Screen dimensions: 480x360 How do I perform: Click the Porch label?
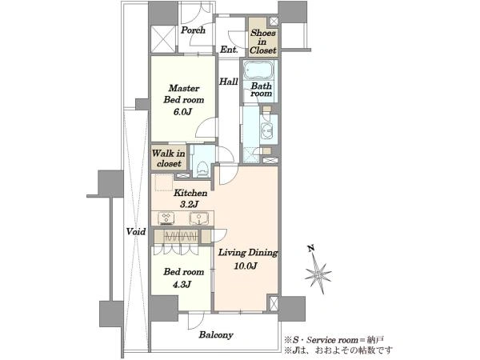193,30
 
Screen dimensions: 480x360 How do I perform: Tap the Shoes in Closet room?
263,37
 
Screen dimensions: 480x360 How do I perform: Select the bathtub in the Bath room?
260,70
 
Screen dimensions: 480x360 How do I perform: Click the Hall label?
228,82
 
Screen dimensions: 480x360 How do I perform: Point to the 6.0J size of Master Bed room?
182,112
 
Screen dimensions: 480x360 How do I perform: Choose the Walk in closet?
169,158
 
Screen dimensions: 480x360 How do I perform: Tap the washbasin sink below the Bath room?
267,130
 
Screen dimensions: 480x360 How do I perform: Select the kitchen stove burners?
166,218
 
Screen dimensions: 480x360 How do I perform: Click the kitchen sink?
199,218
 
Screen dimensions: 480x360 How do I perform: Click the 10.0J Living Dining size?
246,266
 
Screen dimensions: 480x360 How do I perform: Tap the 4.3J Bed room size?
182,284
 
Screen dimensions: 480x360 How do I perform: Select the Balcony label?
216,335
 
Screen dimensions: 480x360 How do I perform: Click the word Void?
136,231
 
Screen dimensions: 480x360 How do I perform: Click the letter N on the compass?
311,248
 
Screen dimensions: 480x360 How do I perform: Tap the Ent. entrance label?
229,50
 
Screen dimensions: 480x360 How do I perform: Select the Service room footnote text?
334,340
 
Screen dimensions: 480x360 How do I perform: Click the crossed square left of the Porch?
163,39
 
